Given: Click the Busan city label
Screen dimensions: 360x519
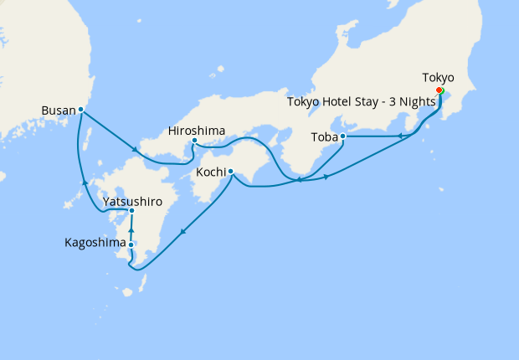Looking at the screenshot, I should [x=57, y=109].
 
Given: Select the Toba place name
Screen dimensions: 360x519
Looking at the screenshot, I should [x=324, y=136].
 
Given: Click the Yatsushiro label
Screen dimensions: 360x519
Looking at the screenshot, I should [x=131, y=202].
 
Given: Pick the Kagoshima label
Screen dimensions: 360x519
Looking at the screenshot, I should [x=95, y=244].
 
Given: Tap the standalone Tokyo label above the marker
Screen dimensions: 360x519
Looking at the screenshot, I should [x=438, y=78].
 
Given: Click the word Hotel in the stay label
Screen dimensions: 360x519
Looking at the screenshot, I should [x=345, y=102].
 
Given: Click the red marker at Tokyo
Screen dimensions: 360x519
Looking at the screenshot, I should [x=439, y=91].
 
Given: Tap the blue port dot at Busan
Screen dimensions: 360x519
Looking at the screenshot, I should [x=80, y=109].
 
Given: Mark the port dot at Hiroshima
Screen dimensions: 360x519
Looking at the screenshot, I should [x=194, y=141].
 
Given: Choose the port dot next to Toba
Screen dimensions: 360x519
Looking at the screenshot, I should [x=343, y=136].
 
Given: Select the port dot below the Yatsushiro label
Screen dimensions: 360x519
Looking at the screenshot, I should [x=131, y=210].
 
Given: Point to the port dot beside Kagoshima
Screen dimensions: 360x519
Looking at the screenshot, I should [x=131, y=244].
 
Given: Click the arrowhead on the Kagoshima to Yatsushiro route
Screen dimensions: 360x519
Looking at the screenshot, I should [x=131, y=228].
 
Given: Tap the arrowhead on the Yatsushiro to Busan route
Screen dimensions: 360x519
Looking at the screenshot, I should [x=83, y=182].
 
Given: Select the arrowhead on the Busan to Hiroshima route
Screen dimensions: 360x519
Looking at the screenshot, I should [x=134, y=149].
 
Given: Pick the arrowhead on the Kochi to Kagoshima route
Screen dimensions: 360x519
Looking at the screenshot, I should [x=182, y=230].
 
